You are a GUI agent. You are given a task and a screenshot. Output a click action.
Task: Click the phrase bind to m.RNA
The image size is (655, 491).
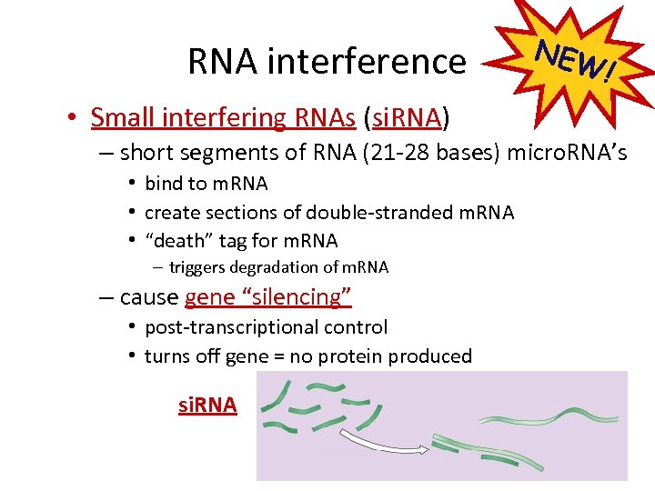(207, 184)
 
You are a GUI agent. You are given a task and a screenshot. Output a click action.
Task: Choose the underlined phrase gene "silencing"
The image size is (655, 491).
(267, 297)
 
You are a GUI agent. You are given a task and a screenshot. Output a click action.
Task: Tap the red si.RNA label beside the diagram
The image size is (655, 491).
(207, 406)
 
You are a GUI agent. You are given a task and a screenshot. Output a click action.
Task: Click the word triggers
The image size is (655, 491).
(193, 267)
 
